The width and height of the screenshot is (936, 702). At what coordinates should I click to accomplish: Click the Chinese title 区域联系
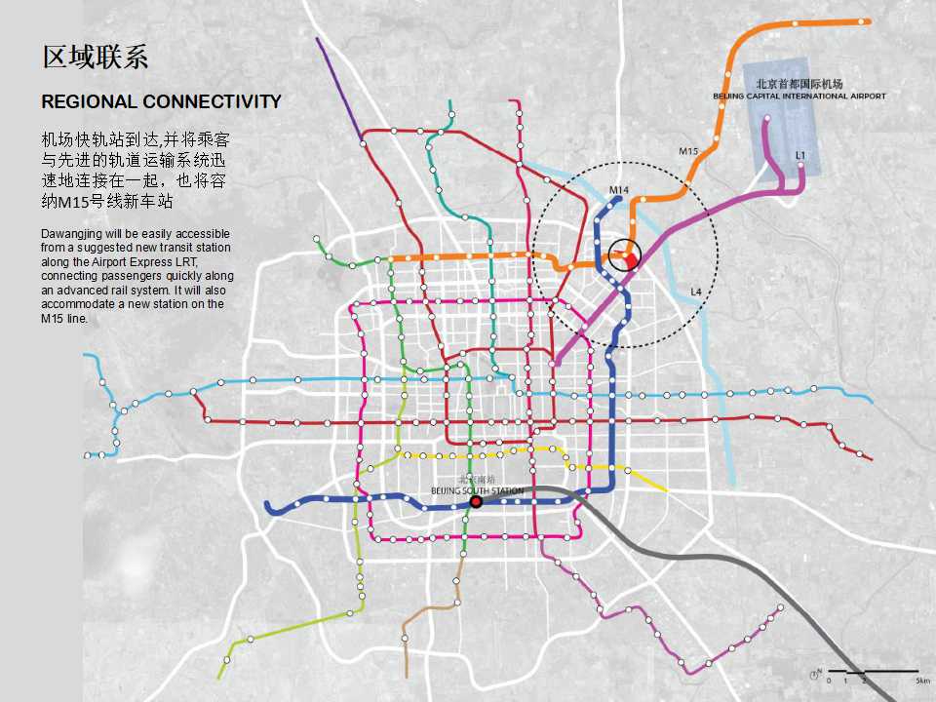tap(95, 57)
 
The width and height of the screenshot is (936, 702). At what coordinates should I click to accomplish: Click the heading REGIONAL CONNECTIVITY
tap(161, 101)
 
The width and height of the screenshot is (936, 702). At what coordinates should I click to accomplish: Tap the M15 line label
tap(688, 151)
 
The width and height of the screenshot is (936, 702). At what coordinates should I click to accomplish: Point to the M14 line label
tap(619, 188)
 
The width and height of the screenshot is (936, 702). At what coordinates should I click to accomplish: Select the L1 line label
tap(800, 155)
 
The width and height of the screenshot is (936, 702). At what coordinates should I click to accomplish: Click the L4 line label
tap(696, 292)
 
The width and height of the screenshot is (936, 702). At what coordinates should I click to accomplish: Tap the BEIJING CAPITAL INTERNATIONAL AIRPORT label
tap(799, 97)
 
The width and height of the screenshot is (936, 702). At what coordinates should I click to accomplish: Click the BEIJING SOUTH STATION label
tap(477, 490)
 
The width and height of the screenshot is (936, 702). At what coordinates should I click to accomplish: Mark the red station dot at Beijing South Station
tap(476, 502)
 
